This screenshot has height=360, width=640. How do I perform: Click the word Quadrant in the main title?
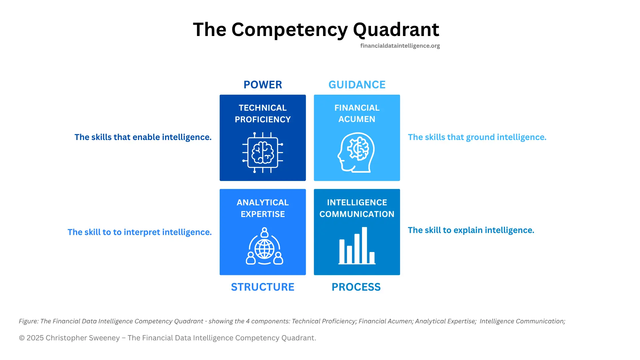[x=396, y=30]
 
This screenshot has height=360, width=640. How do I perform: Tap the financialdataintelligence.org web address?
[x=400, y=46]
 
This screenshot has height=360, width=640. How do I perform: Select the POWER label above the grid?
[x=263, y=85]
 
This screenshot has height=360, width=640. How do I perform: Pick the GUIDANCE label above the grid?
[x=357, y=85]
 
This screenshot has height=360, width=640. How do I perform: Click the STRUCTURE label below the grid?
[x=263, y=287]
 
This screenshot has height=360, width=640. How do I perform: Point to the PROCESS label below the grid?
[x=356, y=287]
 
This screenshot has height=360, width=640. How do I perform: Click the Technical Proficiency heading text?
[x=263, y=113]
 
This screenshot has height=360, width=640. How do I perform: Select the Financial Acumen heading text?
[x=357, y=113]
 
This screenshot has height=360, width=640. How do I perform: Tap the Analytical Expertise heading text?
[x=263, y=208]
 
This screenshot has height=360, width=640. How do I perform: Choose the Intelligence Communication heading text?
[x=357, y=208]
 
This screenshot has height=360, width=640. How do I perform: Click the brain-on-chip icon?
[x=263, y=153]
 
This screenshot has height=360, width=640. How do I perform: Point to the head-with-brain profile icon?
[x=356, y=153]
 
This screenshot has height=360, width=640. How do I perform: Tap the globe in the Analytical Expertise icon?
[x=264, y=249]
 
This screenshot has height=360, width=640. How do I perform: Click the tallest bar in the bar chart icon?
[x=364, y=245]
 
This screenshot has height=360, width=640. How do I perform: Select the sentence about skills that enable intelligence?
[x=143, y=137]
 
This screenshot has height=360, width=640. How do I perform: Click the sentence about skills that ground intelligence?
[x=477, y=137]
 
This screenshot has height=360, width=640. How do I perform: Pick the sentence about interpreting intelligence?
[x=140, y=232]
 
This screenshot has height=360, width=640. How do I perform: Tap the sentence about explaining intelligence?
[x=471, y=230]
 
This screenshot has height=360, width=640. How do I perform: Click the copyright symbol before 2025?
[x=22, y=338]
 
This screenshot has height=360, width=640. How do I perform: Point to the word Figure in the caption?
[x=28, y=321]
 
